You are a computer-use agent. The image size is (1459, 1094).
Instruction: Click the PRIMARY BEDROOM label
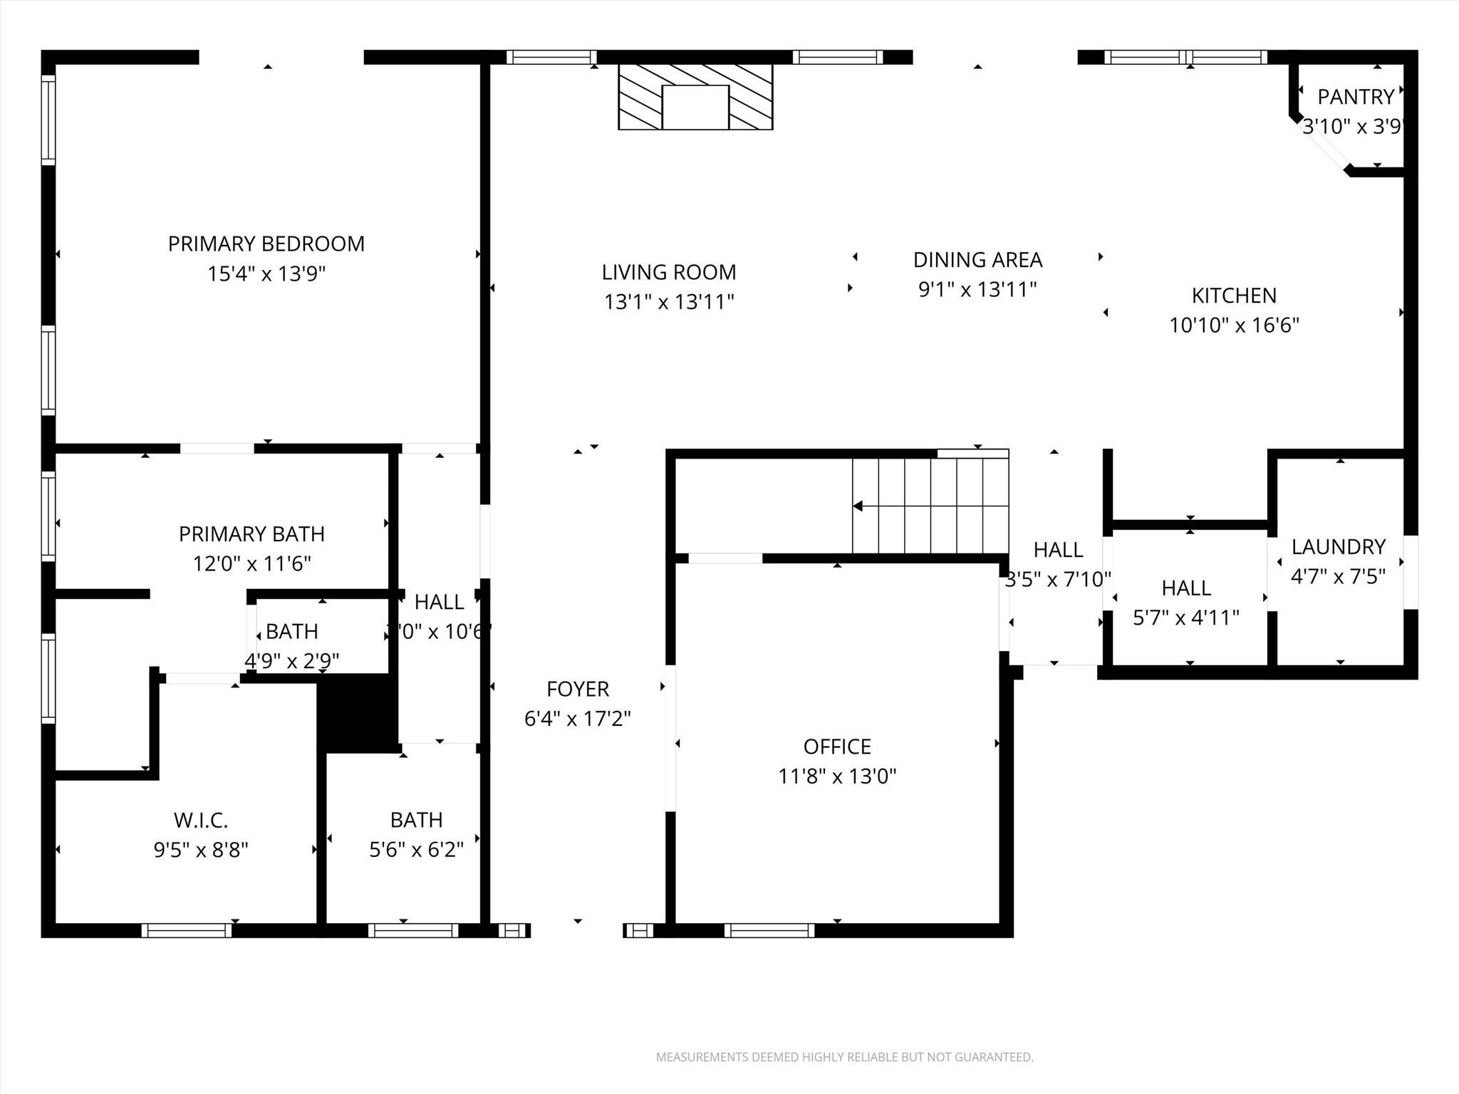click(x=266, y=244)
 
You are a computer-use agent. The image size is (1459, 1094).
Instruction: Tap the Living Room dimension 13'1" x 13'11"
click(x=669, y=302)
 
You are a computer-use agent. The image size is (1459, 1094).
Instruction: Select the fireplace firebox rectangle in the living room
click(x=695, y=108)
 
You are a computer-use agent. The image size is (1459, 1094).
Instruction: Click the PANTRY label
click(x=1355, y=96)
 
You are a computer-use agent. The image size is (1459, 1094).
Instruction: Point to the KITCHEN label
click(x=1234, y=295)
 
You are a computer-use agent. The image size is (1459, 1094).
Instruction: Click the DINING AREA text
click(x=977, y=260)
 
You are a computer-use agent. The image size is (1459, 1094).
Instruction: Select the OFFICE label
click(x=837, y=746)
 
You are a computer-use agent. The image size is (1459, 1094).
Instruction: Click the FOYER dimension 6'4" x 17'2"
click(x=577, y=719)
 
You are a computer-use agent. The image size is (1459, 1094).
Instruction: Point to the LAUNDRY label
click(x=1338, y=546)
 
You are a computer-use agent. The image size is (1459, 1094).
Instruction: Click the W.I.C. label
click(x=200, y=820)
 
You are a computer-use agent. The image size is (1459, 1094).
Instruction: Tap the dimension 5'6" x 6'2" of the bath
click(x=416, y=850)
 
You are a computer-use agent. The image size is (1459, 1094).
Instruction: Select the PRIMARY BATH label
click(x=251, y=533)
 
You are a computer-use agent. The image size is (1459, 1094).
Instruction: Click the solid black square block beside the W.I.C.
click(x=357, y=713)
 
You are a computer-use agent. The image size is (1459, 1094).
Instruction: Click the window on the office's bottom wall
click(x=769, y=930)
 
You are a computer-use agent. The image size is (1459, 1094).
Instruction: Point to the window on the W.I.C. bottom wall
click(x=187, y=930)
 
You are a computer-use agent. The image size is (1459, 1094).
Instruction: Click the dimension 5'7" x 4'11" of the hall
click(x=1185, y=618)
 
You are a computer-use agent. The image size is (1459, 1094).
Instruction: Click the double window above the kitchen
click(x=1185, y=57)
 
